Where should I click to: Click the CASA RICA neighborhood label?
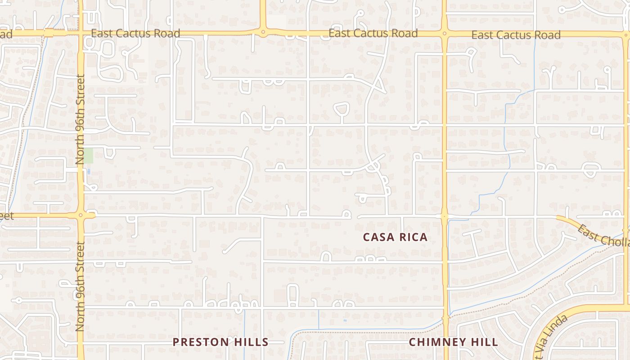click(395, 237)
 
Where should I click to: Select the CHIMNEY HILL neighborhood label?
click(453, 342)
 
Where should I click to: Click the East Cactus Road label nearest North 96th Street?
click(135, 33)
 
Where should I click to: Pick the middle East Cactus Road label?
click(373, 33)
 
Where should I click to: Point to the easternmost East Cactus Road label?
click(516, 35)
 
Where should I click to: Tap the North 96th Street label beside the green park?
click(80, 119)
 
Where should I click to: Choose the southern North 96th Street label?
click(80, 286)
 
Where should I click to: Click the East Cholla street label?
click(603, 235)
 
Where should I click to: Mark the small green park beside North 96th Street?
click(89, 156)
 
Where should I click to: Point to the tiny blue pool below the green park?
click(89, 171)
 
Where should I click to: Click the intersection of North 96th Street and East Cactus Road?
click(81, 33)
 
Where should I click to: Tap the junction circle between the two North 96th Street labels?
click(81, 215)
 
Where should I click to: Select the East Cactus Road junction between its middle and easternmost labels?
click(444, 33)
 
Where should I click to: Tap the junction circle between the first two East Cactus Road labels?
click(263, 32)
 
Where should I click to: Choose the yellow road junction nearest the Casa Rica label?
click(444, 216)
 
